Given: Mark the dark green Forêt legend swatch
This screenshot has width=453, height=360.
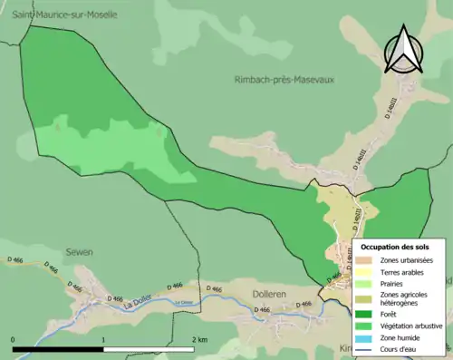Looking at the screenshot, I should pyautogui.click(x=368, y=316).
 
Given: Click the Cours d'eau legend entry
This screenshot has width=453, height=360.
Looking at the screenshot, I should pyautogui.click(x=400, y=351).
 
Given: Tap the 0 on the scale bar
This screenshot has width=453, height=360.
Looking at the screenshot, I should pyautogui.click(x=14, y=339).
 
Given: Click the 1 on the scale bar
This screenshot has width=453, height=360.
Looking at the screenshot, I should pyautogui.click(x=104, y=339).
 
